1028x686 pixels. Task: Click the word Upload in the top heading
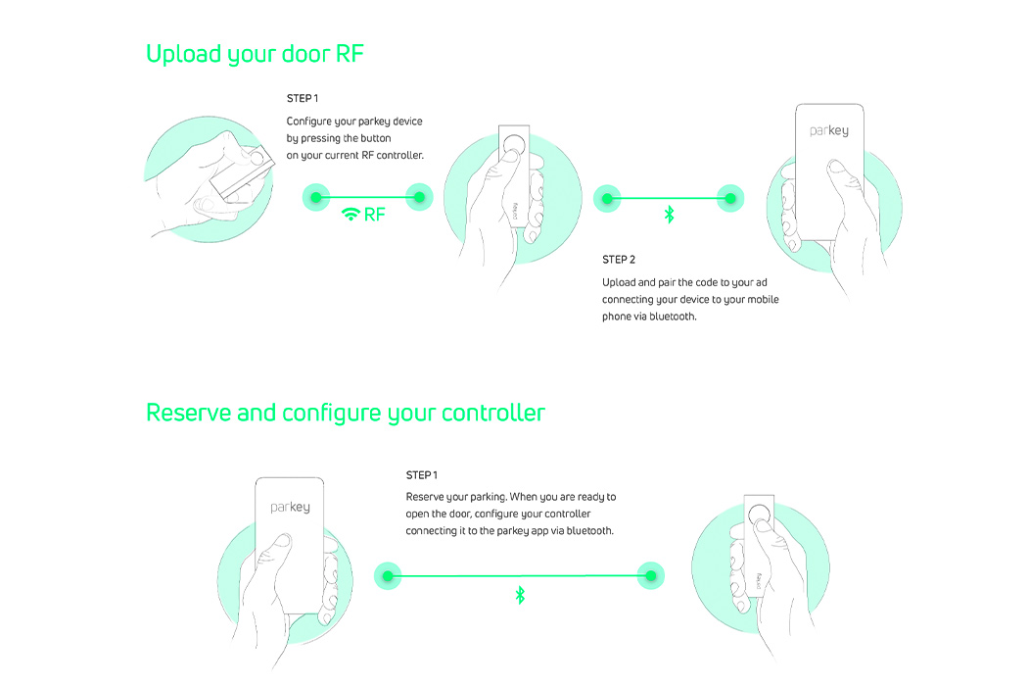coord(183,54)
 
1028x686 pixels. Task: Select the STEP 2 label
coord(619,260)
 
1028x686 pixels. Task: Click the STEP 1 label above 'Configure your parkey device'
coord(303,99)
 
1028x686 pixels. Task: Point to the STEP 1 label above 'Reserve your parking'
coord(421,475)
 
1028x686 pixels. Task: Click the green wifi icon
coord(350,215)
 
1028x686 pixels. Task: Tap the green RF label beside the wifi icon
coord(375,215)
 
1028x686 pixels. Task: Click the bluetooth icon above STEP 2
coord(670,214)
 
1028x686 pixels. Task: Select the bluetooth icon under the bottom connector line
coord(520,595)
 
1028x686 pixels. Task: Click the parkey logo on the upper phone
coord(829,130)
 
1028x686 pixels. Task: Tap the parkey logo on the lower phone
coord(290,507)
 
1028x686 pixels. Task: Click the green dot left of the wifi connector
coord(315,197)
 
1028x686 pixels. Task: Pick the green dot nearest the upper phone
coord(728,198)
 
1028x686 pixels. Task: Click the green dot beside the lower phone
coord(390,575)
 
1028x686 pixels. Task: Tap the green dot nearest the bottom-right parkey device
coord(650,575)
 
